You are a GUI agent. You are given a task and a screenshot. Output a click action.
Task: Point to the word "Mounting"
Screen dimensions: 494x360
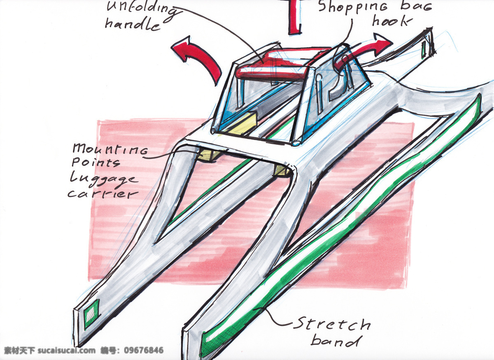(110, 149)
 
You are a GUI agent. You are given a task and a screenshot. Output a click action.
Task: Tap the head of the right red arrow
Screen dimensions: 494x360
(382, 42)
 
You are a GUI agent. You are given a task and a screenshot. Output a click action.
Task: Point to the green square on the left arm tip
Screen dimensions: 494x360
(91, 314)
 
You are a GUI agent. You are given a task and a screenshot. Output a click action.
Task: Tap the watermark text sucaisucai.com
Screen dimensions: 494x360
(67, 350)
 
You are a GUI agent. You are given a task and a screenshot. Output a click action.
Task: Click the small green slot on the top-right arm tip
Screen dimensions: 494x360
(423, 50)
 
